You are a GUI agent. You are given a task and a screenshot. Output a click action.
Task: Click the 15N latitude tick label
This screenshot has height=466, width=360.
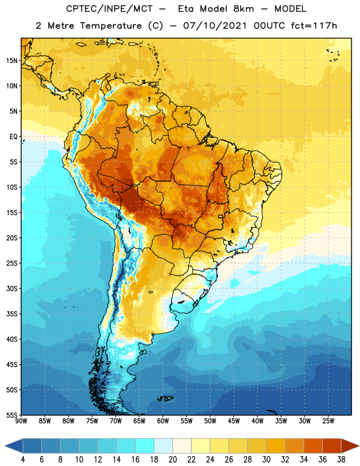[12, 61]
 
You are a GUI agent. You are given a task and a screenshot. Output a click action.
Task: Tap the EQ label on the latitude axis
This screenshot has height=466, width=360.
[13, 137]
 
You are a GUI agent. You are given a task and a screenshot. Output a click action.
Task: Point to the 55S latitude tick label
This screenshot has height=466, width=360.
[12, 415]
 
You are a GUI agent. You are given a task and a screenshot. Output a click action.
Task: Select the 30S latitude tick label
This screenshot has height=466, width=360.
[12, 288]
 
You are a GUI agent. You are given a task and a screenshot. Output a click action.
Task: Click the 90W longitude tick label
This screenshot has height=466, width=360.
[21, 421]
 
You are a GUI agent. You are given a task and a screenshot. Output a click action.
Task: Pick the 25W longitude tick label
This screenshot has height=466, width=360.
[328, 421]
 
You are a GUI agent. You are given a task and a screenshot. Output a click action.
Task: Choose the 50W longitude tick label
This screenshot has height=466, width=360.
[210, 421]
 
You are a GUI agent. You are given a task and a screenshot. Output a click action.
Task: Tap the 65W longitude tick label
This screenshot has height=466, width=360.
[139, 421]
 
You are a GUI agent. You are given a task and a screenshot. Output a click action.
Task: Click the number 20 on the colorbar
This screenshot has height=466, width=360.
[172, 460]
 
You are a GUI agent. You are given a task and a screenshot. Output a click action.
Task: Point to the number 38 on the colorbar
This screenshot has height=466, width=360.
[341, 460]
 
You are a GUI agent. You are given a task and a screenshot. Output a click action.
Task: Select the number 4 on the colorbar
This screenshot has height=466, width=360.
[23, 460]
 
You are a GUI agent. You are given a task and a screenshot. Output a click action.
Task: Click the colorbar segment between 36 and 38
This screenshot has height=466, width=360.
[332, 446]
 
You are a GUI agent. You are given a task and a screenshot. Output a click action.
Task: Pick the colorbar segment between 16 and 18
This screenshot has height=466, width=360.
[144, 446]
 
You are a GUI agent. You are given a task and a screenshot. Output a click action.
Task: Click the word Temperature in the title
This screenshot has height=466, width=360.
[111, 26]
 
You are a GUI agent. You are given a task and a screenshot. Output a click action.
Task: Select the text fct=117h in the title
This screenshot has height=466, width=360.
[314, 26]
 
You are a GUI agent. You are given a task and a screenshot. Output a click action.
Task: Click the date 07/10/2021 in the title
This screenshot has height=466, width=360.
[215, 26]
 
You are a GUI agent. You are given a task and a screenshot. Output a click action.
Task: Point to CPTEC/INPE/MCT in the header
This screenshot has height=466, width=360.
[110, 9]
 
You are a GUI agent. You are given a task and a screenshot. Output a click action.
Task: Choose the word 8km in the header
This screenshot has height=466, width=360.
[243, 9]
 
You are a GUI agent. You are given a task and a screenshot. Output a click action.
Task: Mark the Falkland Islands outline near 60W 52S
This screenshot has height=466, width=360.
[165, 398]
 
